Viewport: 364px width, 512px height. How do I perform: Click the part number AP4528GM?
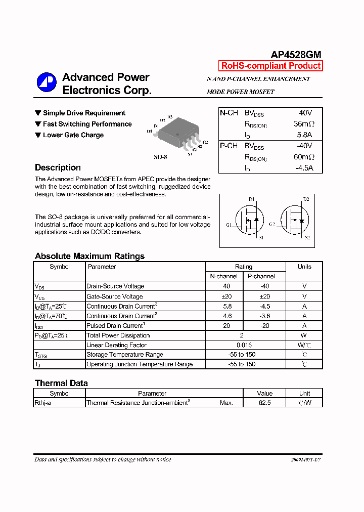(x=296, y=55)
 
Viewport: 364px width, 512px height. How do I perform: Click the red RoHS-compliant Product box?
(x=270, y=66)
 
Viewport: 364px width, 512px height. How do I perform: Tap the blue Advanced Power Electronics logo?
(x=46, y=82)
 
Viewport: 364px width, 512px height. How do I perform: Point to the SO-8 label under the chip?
(x=160, y=157)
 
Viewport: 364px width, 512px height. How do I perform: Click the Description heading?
(x=58, y=168)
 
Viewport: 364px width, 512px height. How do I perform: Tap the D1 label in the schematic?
(x=251, y=199)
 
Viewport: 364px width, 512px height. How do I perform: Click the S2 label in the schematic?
(x=307, y=237)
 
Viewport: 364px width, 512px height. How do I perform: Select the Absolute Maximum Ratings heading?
(x=89, y=256)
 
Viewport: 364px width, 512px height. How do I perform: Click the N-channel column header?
(x=223, y=276)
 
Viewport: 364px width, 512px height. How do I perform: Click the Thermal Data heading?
(x=61, y=383)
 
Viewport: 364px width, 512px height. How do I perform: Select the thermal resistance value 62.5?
(x=264, y=403)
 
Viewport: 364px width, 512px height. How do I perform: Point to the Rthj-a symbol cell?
(x=43, y=403)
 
